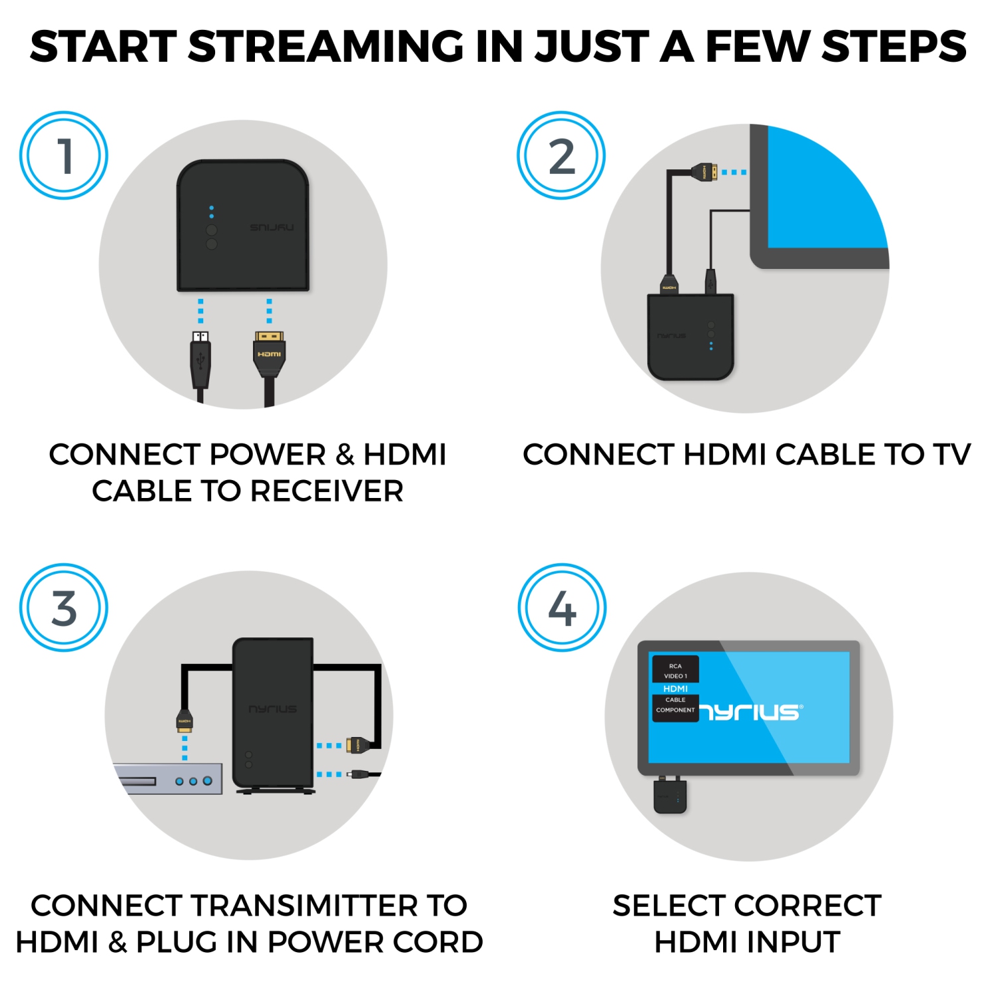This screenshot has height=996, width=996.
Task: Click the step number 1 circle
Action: (64, 155)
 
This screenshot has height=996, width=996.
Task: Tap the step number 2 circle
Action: (561, 155)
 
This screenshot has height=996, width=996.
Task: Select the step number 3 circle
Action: (64, 608)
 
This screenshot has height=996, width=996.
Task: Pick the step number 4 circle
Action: (562, 608)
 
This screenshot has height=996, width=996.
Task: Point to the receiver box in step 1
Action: (243, 226)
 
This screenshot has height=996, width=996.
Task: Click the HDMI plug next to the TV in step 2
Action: (705, 173)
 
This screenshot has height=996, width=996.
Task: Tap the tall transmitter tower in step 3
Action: (273, 714)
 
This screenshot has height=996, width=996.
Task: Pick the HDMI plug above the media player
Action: (185, 722)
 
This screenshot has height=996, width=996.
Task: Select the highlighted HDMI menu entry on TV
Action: (675, 689)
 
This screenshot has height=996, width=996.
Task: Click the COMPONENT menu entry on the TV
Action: (675, 710)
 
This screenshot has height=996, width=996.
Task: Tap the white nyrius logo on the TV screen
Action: (750, 712)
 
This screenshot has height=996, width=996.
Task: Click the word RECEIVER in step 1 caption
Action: (327, 491)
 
